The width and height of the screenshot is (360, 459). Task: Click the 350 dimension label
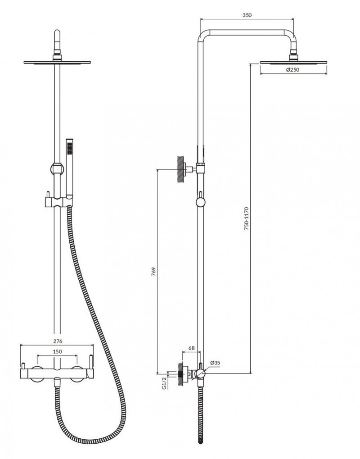pyautogui.click(x=246, y=15)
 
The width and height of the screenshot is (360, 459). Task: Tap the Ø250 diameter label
pyautogui.click(x=293, y=69)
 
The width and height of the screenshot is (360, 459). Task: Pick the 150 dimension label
pyautogui.click(x=57, y=351)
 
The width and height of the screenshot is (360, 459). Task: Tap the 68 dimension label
pyautogui.click(x=191, y=348)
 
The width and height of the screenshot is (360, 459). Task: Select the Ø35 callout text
pyautogui.click(x=215, y=363)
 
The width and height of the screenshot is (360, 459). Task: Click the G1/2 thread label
pyautogui.click(x=165, y=383)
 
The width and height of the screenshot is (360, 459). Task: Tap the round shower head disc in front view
pyautogui.click(x=57, y=62)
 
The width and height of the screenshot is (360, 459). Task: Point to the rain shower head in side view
pyautogui.click(x=294, y=62)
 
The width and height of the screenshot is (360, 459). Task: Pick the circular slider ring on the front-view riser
pyautogui.click(x=55, y=168)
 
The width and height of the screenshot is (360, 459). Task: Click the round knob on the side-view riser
pyautogui.click(x=201, y=202)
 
